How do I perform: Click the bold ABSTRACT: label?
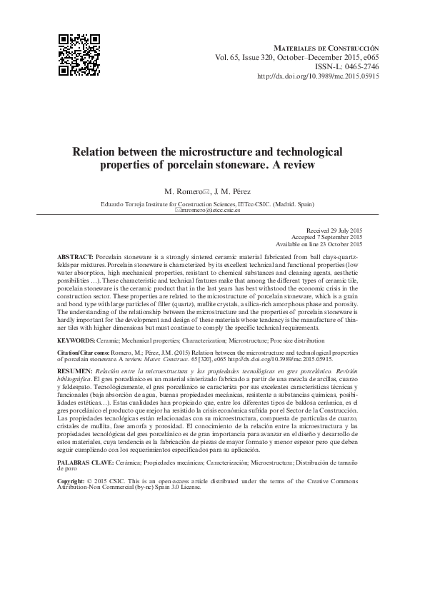(x=75, y=256)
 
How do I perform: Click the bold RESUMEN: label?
(x=74, y=371)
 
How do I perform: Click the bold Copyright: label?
(x=74, y=482)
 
